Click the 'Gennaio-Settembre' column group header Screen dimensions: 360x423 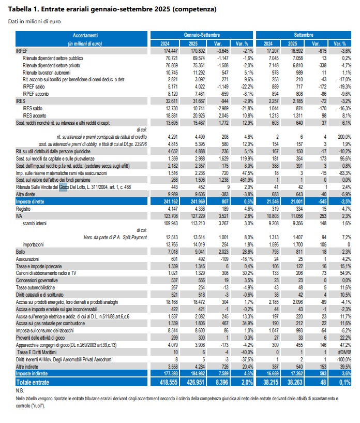pos(202,35)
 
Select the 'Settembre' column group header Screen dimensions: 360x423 pos(304,35)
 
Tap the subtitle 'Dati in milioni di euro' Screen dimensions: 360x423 pos(35,22)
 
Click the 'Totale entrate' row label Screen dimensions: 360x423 pos(33,382)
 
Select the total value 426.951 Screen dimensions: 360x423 pos(196,382)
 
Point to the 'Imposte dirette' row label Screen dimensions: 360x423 pos(30,201)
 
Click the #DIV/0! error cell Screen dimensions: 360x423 pos(345,352)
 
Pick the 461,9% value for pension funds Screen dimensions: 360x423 pos(247,180)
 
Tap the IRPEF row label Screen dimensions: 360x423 pos(22,51)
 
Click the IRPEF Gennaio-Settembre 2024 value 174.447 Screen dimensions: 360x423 pos(171,51)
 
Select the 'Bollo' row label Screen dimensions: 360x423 pos(21,252)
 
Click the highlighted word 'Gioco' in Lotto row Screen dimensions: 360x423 pos(63,187)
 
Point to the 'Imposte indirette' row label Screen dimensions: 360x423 pos(32,374)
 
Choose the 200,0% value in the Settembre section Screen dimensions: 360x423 pos(344,137)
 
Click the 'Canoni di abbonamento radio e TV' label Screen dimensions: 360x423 pos(46,273)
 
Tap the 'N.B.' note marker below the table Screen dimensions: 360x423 pos(20,390)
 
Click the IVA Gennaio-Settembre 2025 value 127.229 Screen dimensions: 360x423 pos(198,216)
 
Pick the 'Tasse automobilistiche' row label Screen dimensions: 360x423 pos(35,287)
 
